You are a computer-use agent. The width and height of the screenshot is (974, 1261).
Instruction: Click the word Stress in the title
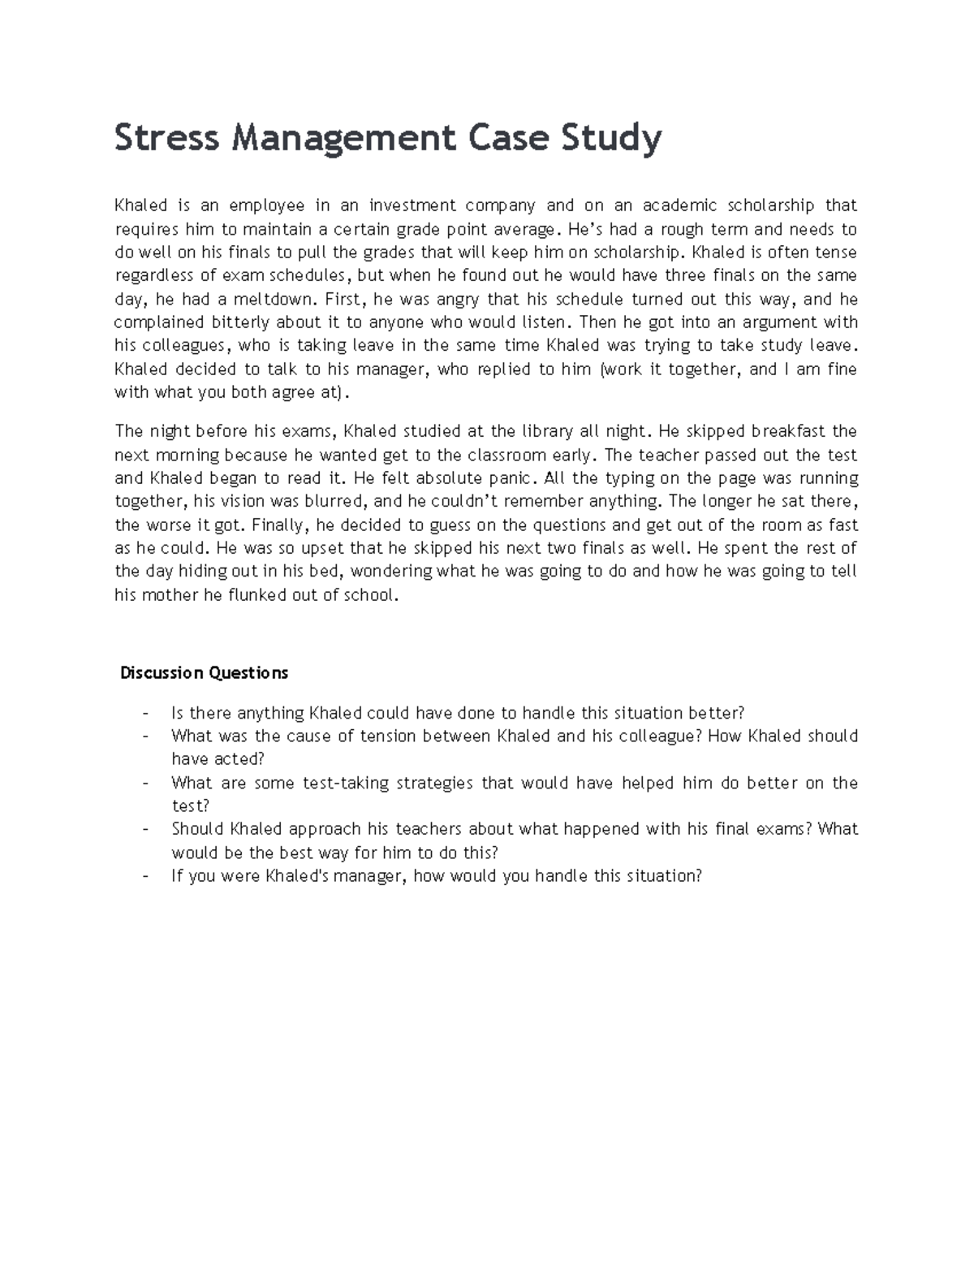166,138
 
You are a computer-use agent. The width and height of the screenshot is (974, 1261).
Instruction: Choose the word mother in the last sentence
172,595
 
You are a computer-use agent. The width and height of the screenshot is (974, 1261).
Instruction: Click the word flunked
278,595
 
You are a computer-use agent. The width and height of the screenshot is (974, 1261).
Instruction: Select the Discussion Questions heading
204,673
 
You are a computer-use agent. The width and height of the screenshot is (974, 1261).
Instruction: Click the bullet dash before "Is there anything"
144,714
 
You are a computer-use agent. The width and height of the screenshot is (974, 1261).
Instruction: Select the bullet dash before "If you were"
144,877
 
